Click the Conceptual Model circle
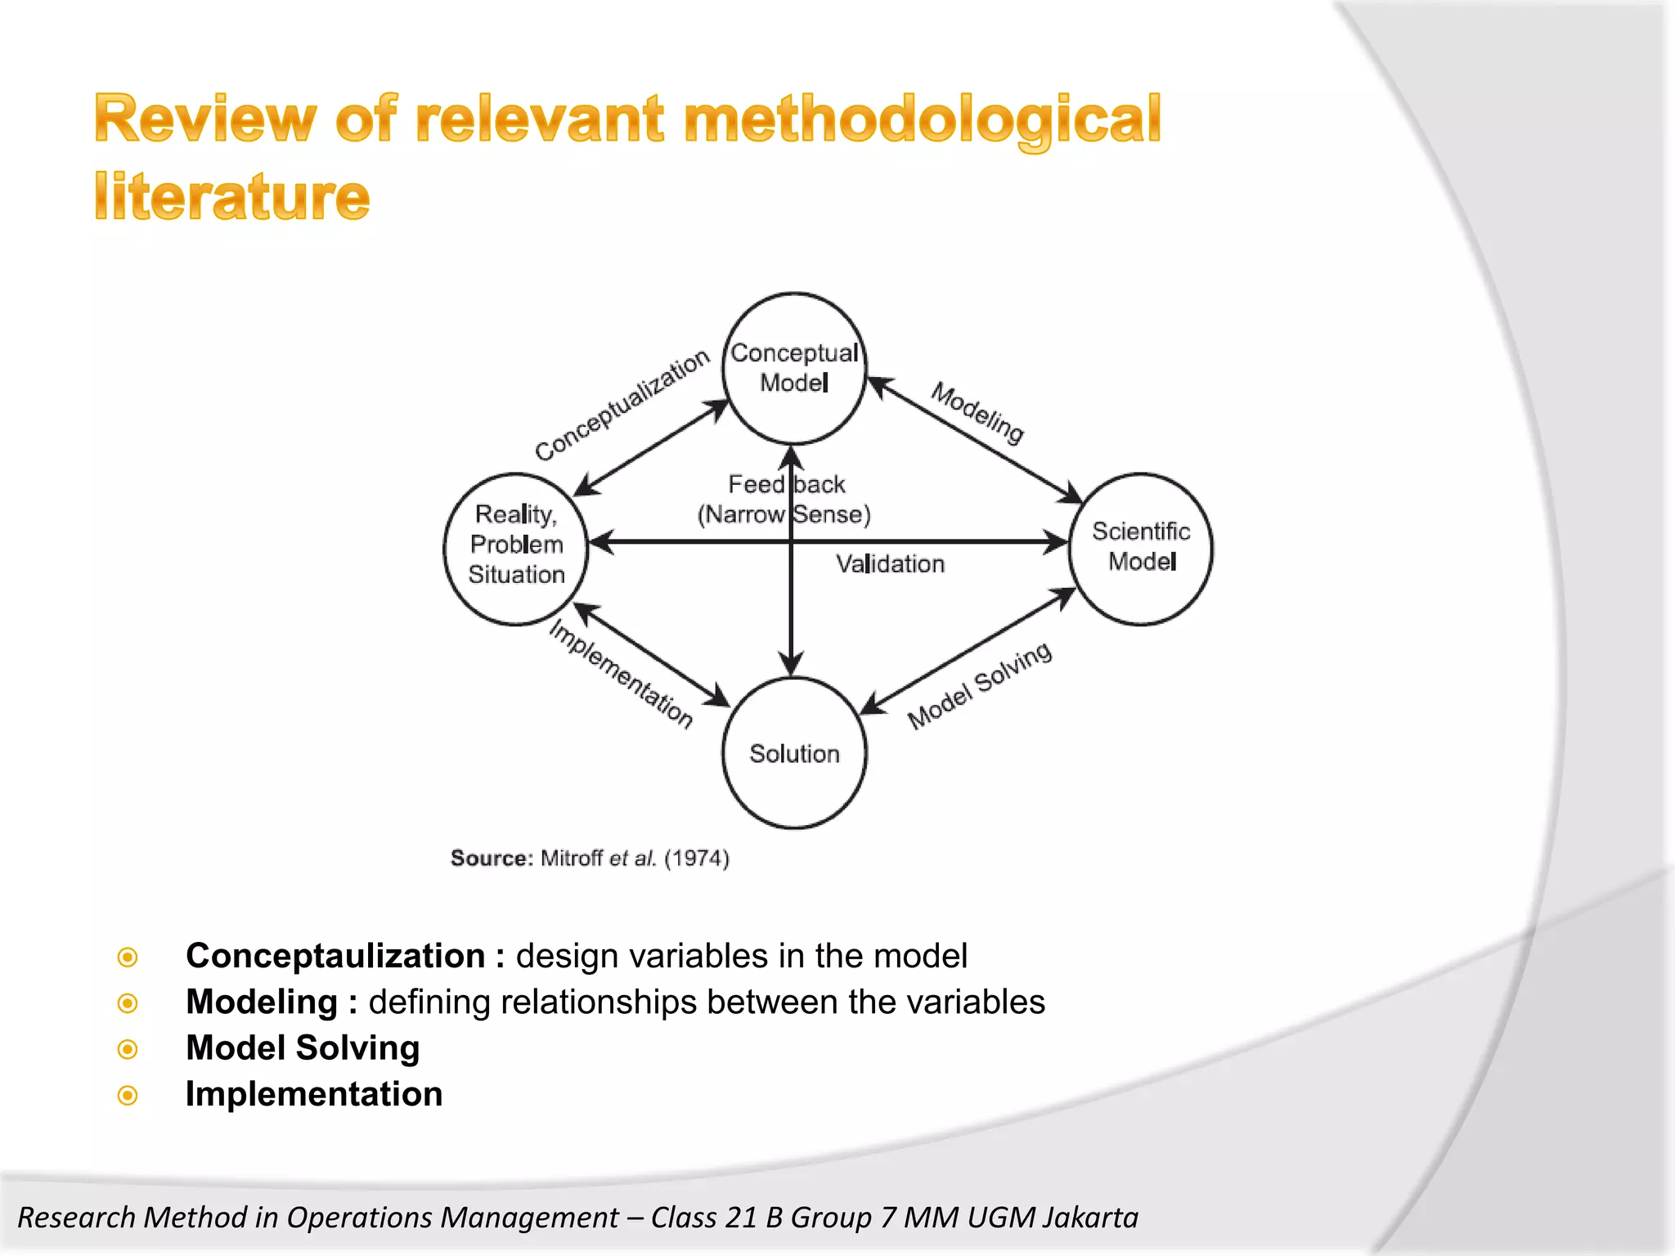coord(794,368)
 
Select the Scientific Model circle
coord(1141,548)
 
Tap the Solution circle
coord(794,753)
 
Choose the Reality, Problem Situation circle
coord(516,545)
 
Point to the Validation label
coord(890,564)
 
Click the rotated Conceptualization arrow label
coord(622,405)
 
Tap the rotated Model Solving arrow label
coord(979,685)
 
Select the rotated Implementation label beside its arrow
coord(621,674)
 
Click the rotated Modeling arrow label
coord(977,413)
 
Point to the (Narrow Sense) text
coord(784,514)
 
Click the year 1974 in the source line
coord(696,859)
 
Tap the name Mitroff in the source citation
coord(571,859)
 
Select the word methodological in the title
coord(922,119)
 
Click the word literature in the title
coord(232,197)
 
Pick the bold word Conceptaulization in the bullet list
coord(335,956)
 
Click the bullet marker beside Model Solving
coord(128,1049)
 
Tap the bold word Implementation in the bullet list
coord(314,1094)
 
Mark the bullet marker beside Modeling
coord(128,1003)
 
